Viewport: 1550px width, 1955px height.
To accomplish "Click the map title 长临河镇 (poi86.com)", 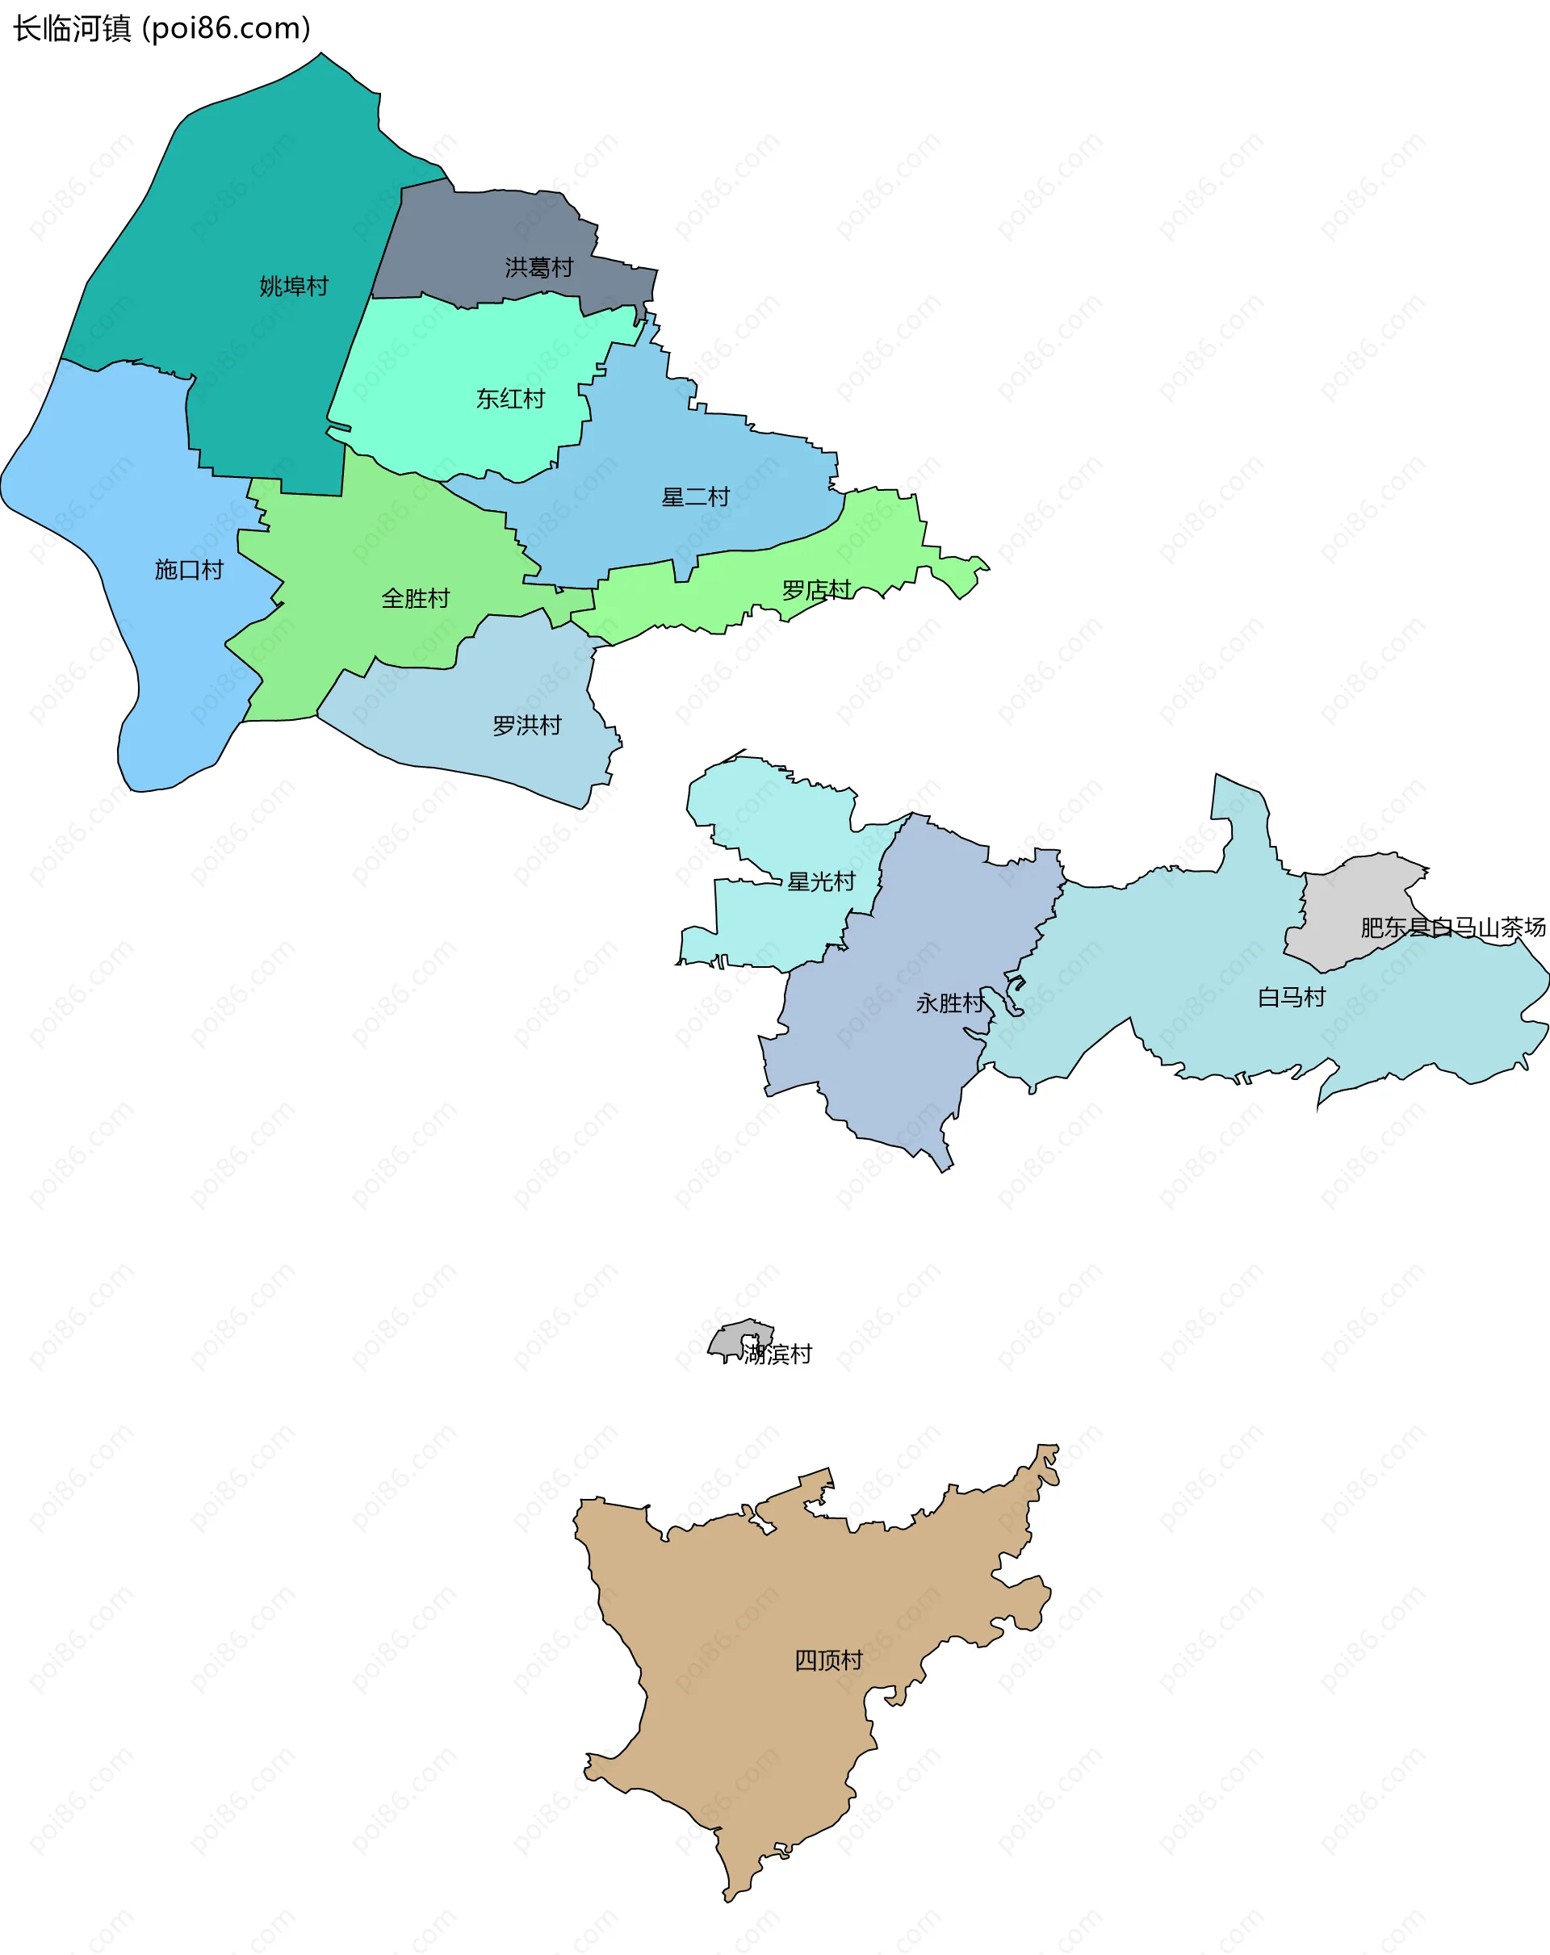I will [161, 29].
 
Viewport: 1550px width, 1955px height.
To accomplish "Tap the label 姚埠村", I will [293, 287].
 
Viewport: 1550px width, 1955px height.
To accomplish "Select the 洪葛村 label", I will [538, 267].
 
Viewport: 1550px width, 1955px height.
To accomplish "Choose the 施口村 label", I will [189, 569].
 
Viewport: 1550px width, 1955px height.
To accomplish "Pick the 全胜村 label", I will [416, 598].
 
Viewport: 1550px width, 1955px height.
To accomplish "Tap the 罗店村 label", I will [816, 590].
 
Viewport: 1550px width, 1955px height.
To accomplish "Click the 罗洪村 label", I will [527, 726].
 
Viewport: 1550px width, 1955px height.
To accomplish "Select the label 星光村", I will [821, 881].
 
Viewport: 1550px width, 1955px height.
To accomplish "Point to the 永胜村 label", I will [949, 1003].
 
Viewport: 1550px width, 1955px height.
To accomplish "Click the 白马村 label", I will [1292, 998].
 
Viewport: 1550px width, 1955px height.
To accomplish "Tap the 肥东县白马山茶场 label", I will [1453, 927].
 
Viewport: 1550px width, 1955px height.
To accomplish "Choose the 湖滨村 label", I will [777, 1354].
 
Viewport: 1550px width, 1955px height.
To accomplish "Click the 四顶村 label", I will [828, 1660].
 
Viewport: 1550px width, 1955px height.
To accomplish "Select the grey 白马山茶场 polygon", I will [1351, 906].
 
